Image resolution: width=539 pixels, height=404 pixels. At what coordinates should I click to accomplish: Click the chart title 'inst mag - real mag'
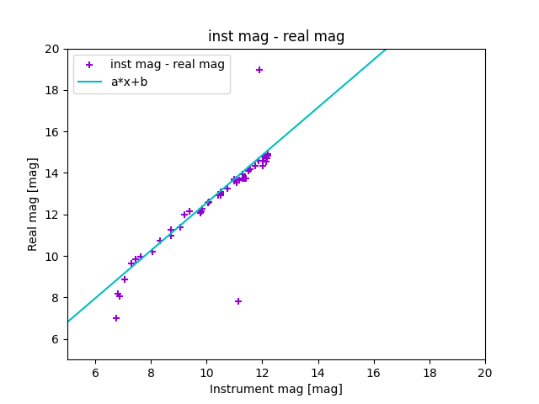[276, 36]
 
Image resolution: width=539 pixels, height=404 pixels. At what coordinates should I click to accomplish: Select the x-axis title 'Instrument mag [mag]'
[276, 389]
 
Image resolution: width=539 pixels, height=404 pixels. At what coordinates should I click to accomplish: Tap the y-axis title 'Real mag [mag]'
[34, 204]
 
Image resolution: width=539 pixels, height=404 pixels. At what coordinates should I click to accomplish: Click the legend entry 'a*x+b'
[129, 82]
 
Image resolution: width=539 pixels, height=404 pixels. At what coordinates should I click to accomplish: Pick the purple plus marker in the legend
[89, 65]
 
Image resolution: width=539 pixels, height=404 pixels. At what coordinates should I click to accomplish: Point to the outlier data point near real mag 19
[259, 70]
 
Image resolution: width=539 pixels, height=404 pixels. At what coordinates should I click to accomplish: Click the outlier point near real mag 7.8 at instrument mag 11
[238, 301]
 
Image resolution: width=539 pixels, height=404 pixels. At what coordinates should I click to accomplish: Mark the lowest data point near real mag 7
[116, 318]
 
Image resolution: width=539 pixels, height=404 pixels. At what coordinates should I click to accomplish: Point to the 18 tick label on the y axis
[51, 90]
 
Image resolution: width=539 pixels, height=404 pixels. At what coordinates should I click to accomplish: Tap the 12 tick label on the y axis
[51, 215]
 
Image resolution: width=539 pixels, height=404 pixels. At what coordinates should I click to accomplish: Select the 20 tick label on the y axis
[51, 49]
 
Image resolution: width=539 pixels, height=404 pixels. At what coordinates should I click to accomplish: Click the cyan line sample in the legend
[89, 82]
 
